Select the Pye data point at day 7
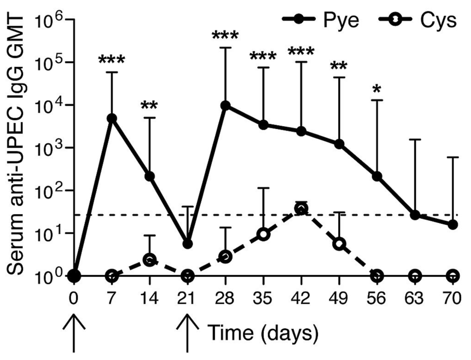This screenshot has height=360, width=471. [x=111, y=118]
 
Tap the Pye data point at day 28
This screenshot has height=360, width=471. [x=225, y=105]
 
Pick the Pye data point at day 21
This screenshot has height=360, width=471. [x=187, y=244]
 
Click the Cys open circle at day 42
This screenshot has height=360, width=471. [x=301, y=209]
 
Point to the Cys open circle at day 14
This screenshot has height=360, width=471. [x=149, y=260]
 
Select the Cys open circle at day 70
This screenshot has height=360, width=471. [x=453, y=276]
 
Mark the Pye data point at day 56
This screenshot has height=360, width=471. [x=377, y=176]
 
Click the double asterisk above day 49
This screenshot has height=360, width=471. [x=339, y=66]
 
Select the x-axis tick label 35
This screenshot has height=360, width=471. [x=263, y=299]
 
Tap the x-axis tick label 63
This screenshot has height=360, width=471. [x=415, y=299]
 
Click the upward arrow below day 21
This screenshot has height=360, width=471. [x=187, y=332]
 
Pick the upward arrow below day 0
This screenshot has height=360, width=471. [x=74, y=332]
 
